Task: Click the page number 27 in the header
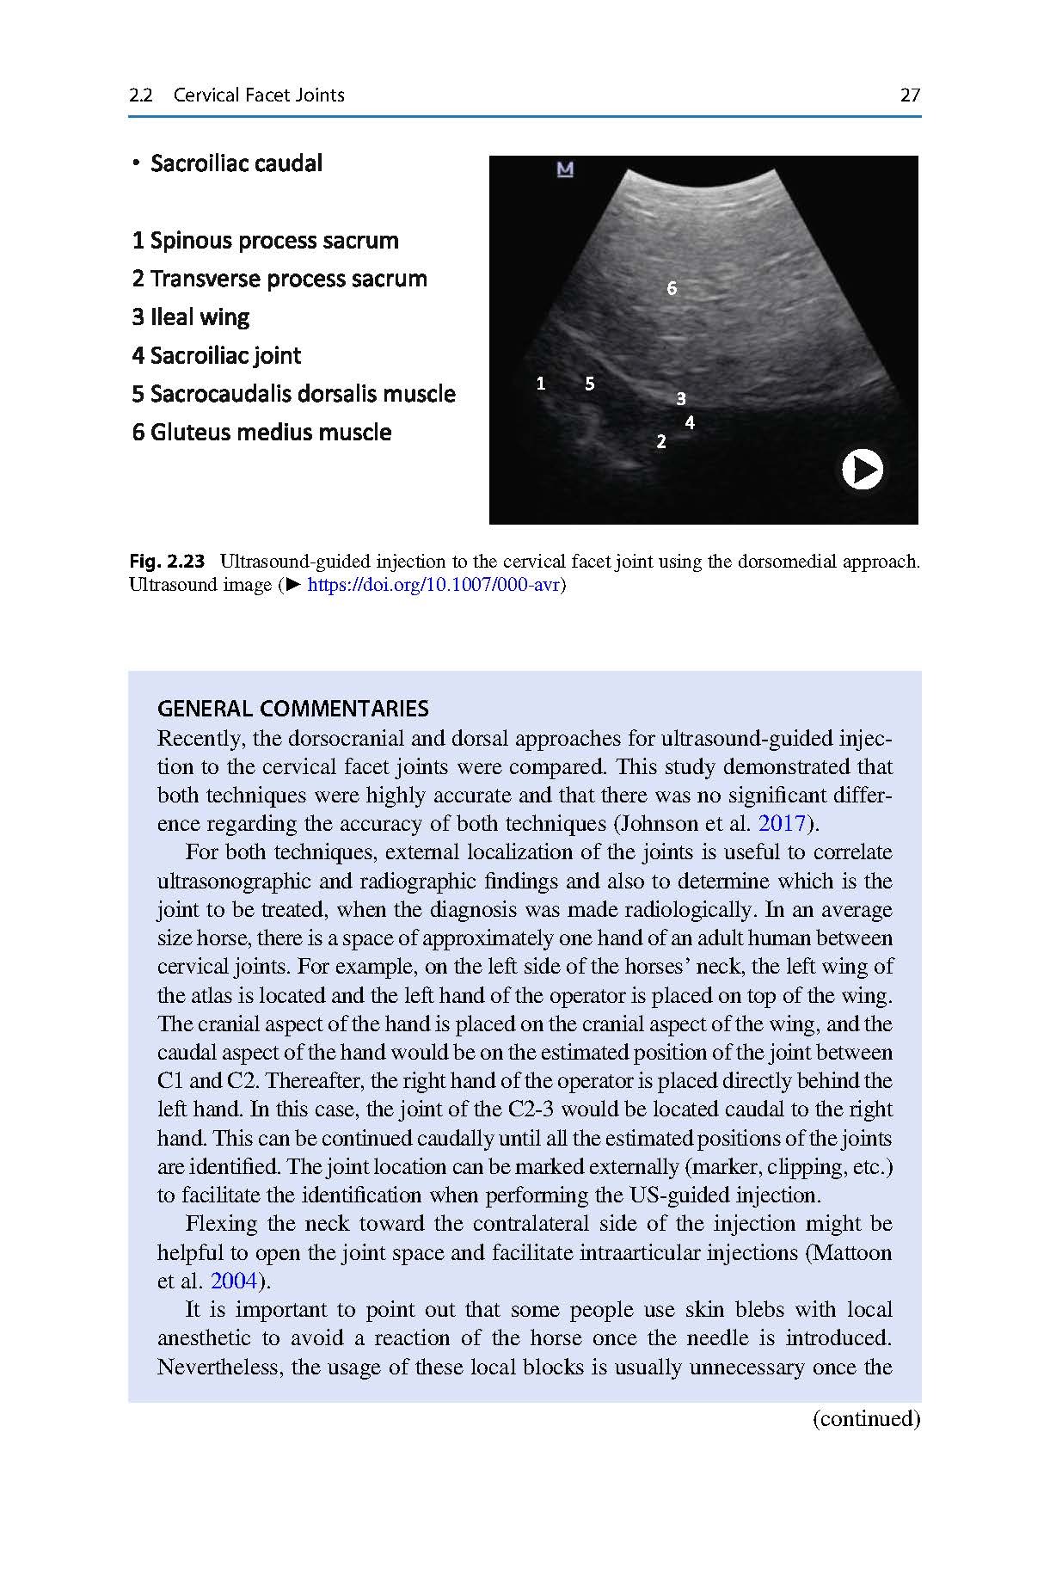point(910,95)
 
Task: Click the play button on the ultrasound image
point(862,470)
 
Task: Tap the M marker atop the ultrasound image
point(565,169)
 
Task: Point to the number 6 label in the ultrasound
point(672,289)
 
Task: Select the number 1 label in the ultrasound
point(541,384)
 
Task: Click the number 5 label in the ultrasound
point(590,384)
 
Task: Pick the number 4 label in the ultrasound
point(690,422)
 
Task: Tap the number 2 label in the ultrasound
point(660,442)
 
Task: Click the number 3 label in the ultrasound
point(681,398)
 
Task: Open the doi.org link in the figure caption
point(433,586)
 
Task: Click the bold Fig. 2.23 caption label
point(168,562)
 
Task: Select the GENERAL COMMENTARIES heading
point(293,709)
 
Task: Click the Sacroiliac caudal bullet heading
point(236,163)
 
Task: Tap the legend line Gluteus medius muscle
point(261,432)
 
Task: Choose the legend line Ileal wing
point(190,317)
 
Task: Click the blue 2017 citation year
point(781,823)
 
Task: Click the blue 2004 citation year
point(234,1281)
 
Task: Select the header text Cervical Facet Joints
point(259,95)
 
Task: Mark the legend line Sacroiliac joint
point(217,355)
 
